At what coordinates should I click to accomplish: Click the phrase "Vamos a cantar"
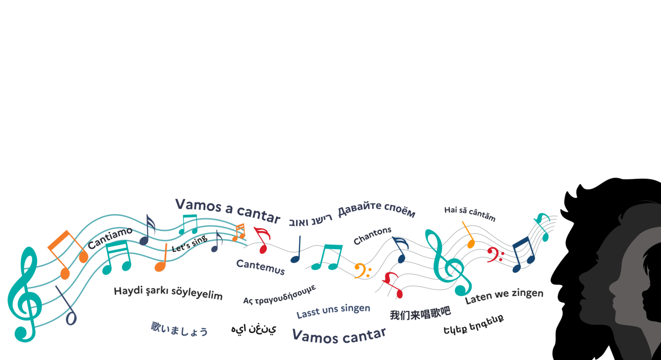pos(227,211)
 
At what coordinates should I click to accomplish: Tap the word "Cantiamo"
pos(110,238)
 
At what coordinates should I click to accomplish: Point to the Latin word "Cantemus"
pos(260,267)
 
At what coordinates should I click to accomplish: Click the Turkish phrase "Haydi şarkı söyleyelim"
pos(168,293)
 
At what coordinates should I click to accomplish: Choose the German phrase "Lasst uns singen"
pos(333,311)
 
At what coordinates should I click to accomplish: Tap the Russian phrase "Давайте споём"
pos(376,209)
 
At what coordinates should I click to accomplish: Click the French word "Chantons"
pos(372,235)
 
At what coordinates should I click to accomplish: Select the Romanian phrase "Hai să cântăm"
pos(470,214)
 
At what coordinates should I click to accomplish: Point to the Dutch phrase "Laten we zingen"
pos(504,296)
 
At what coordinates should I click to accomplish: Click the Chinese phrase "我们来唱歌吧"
pos(420,313)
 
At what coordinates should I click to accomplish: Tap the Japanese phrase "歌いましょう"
pos(180,329)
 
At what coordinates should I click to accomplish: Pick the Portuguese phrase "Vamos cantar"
pos(339,336)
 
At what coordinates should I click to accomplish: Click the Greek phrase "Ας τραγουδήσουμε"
pos(280,294)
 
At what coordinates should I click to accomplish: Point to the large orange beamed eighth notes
pos(68,254)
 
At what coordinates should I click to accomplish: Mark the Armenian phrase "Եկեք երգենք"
pos(474,324)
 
